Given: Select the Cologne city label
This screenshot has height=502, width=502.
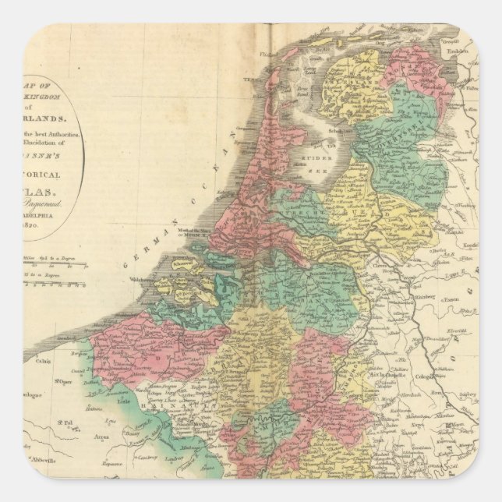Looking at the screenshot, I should click(439, 382).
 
